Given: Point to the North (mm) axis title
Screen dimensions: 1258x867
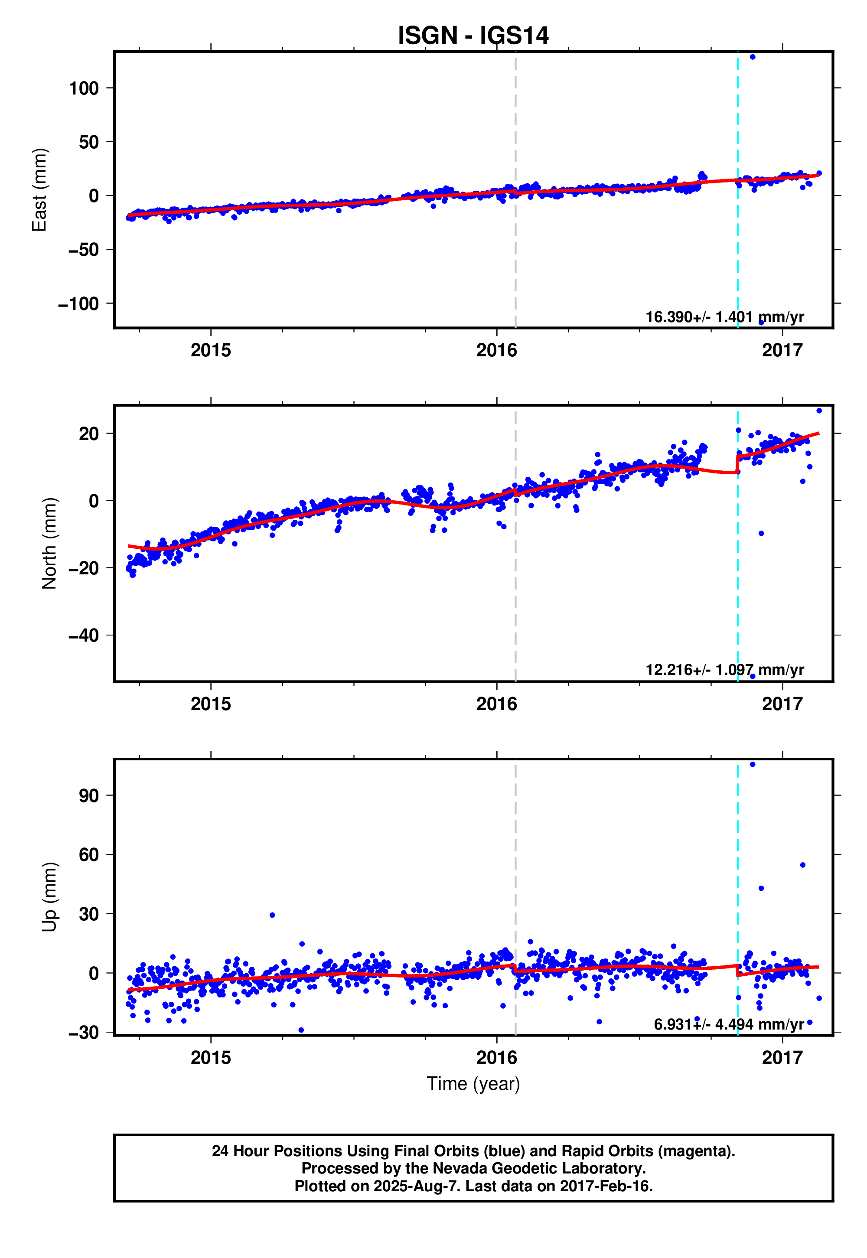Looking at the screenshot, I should pyautogui.click(x=49, y=543).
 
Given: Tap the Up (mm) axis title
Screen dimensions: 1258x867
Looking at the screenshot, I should pyautogui.click(x=49, y=897).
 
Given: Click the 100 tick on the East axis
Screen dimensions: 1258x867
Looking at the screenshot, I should pyautogui.click(x=84, y=88).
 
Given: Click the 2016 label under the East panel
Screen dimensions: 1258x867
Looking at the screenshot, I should pyautogui.click(x=496, y=350).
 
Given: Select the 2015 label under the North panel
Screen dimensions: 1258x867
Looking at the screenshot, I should pyautogui.click(x=211, y=704).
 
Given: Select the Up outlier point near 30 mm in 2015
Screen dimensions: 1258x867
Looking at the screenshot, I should pyautogui.click(x=272, y=915).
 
